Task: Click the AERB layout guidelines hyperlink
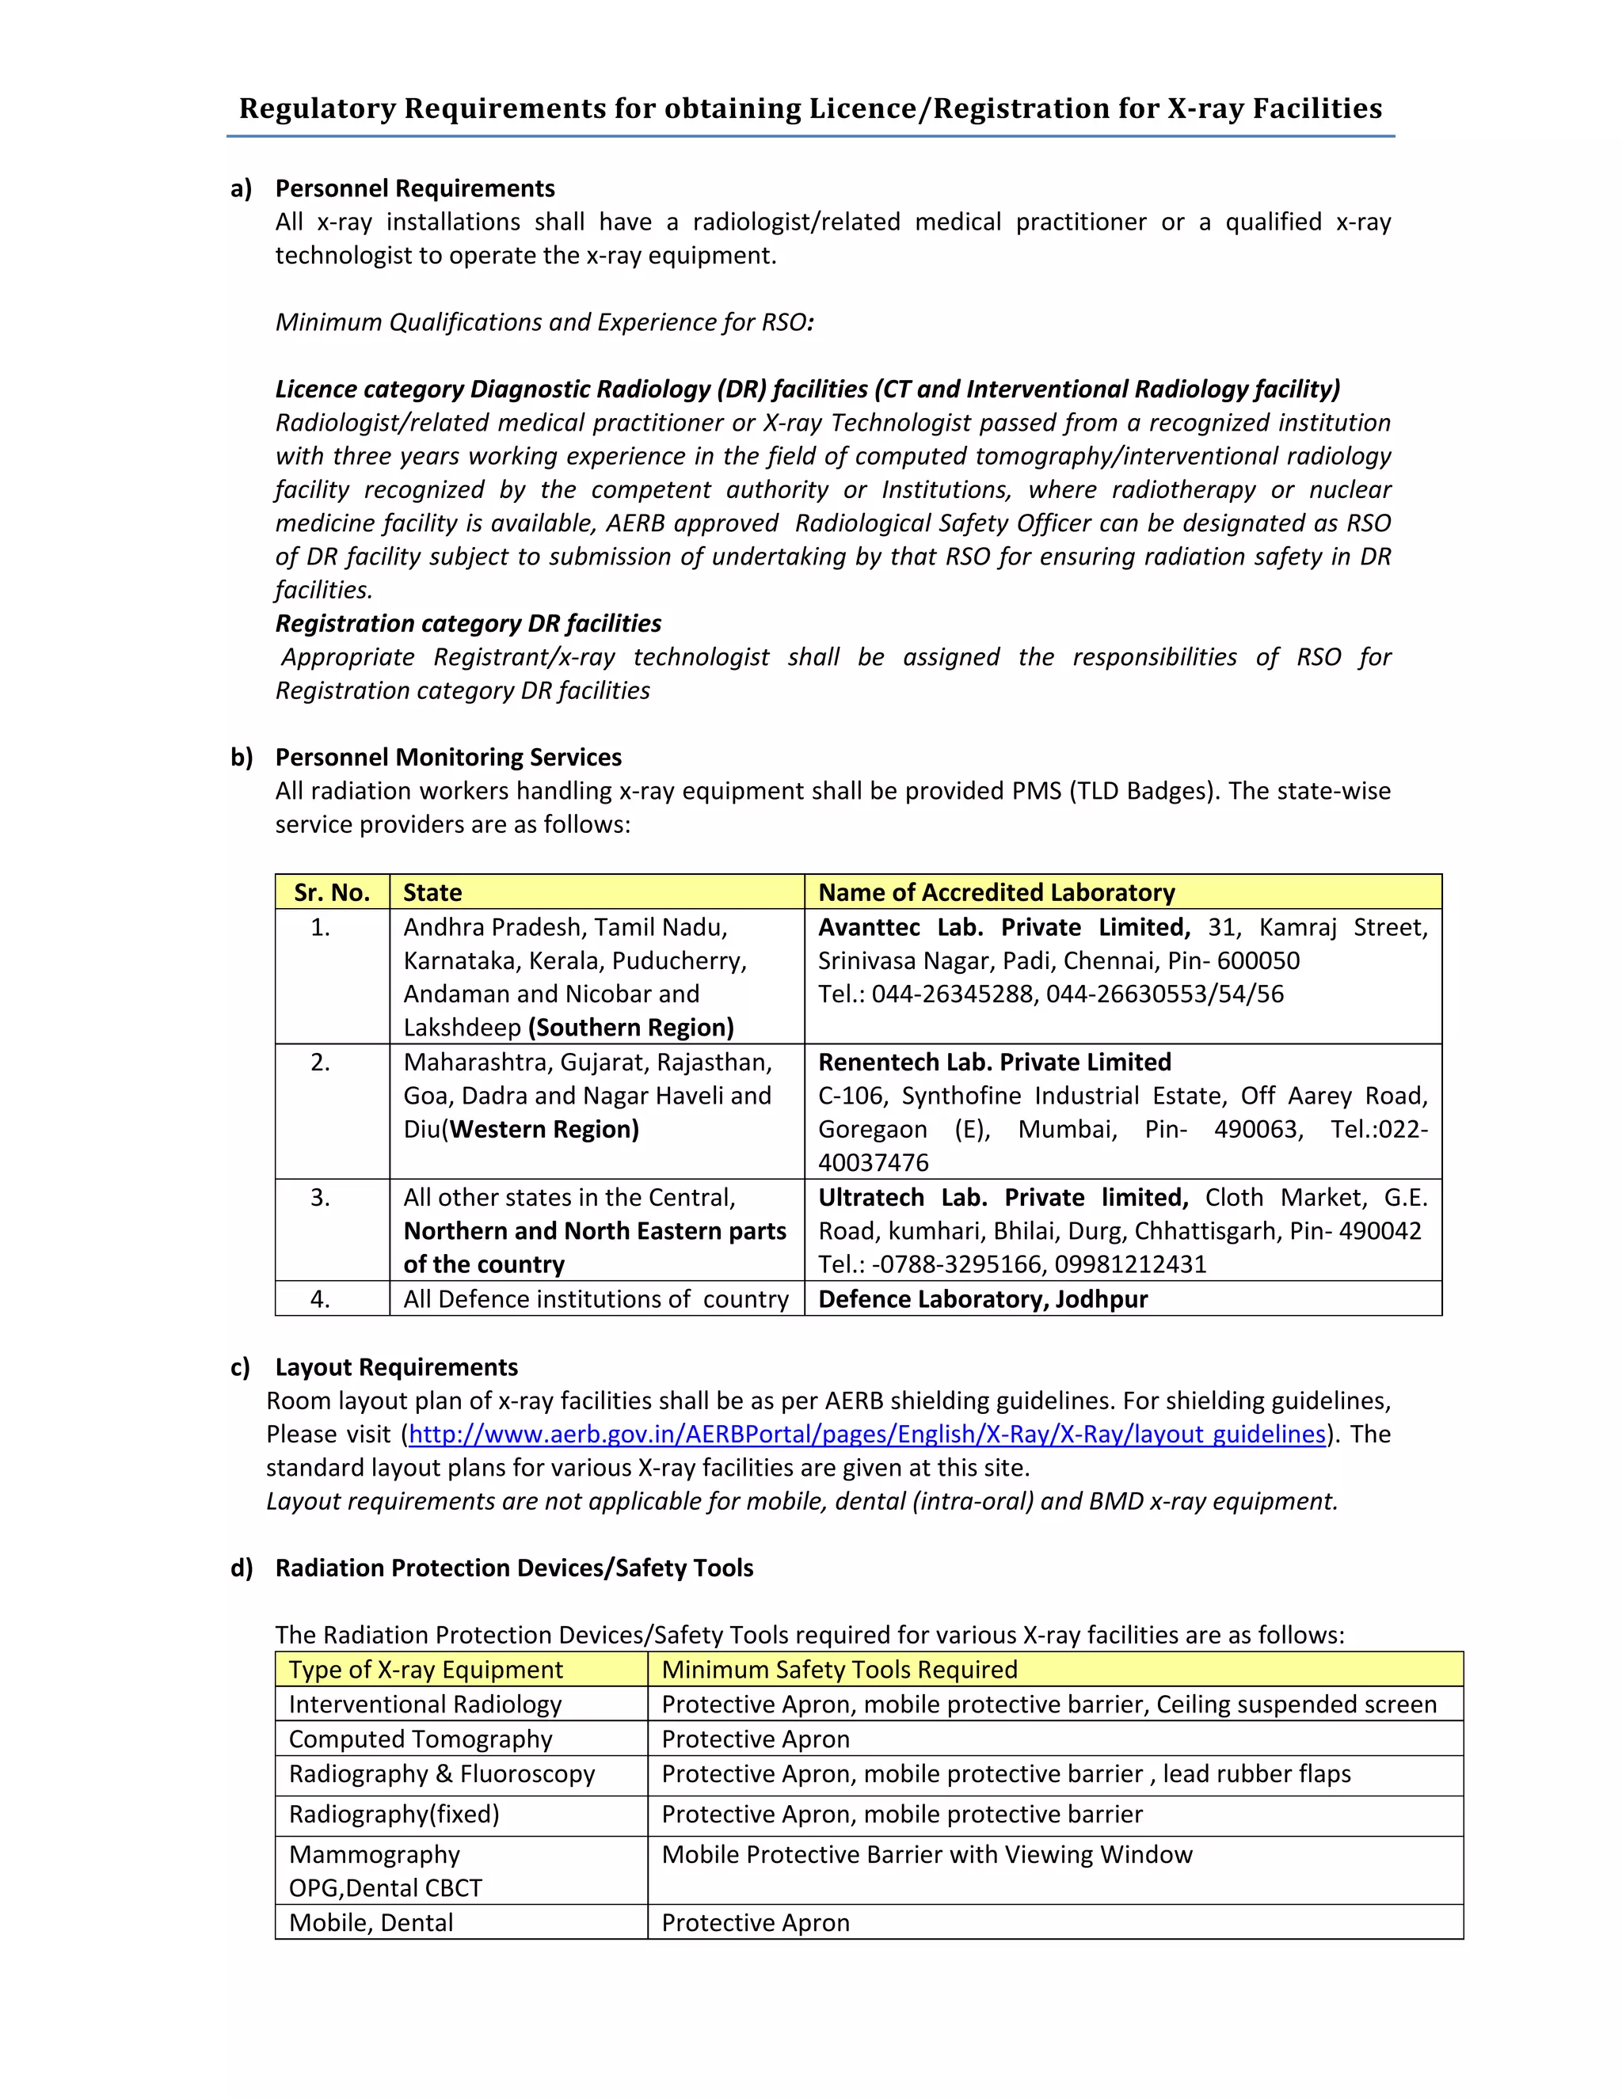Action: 866,1435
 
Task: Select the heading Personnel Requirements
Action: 415,188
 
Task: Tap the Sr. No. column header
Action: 332,892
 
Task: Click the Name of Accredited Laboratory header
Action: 996,892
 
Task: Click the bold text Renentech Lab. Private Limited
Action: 994,1062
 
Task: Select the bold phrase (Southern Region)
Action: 630,1027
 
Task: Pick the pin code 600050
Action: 1258,960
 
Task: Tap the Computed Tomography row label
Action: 420,1739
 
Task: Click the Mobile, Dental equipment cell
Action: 371,1922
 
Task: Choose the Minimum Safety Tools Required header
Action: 839,1670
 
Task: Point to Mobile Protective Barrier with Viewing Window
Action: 927,1854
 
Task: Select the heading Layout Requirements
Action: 396,1367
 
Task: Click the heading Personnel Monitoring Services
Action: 447,757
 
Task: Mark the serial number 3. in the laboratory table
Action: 320,1197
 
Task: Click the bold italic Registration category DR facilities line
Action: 468,623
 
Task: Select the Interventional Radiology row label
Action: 425,1705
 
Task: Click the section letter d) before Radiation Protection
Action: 242,1568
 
